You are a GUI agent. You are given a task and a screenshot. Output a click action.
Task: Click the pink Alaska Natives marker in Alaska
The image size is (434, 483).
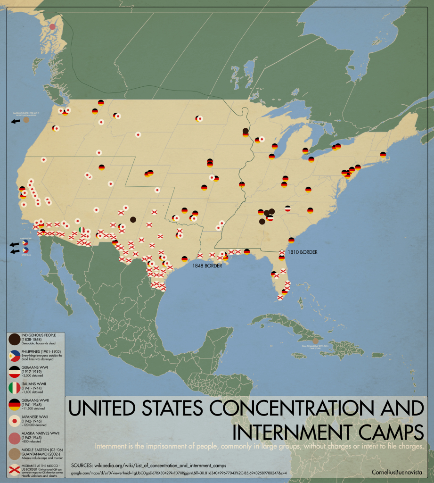point(53,27)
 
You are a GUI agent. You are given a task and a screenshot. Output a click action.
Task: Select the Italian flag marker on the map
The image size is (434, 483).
point(82,230)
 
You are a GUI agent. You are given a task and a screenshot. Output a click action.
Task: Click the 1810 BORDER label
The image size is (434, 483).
point(302,252)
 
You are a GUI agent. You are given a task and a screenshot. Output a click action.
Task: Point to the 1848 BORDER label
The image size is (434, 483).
point(206,266)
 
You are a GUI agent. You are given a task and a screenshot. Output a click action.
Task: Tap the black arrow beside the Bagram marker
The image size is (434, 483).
point(16,121)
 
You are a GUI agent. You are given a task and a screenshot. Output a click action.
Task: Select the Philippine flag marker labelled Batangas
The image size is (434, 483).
point(25,250)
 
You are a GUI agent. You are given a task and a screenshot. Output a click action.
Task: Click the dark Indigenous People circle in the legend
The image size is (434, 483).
point(14,339)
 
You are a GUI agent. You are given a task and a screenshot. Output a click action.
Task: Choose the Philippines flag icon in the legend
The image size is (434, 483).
point(14,356)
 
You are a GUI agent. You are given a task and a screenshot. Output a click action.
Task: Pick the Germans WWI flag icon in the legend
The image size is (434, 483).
point(14,372)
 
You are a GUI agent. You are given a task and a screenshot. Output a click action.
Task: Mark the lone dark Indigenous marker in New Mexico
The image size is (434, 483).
point(133,219)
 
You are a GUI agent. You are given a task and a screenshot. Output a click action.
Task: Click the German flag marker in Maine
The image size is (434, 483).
point(383,154)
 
